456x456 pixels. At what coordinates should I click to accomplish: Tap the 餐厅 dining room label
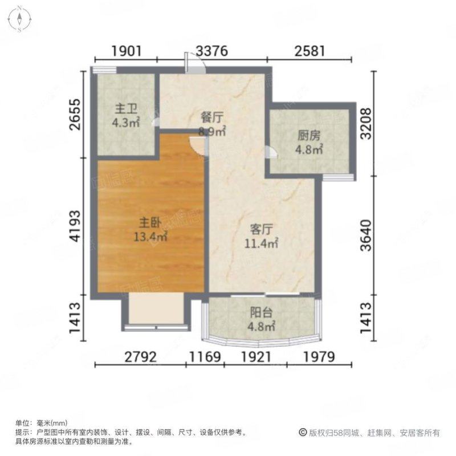(x=212, y=118)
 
